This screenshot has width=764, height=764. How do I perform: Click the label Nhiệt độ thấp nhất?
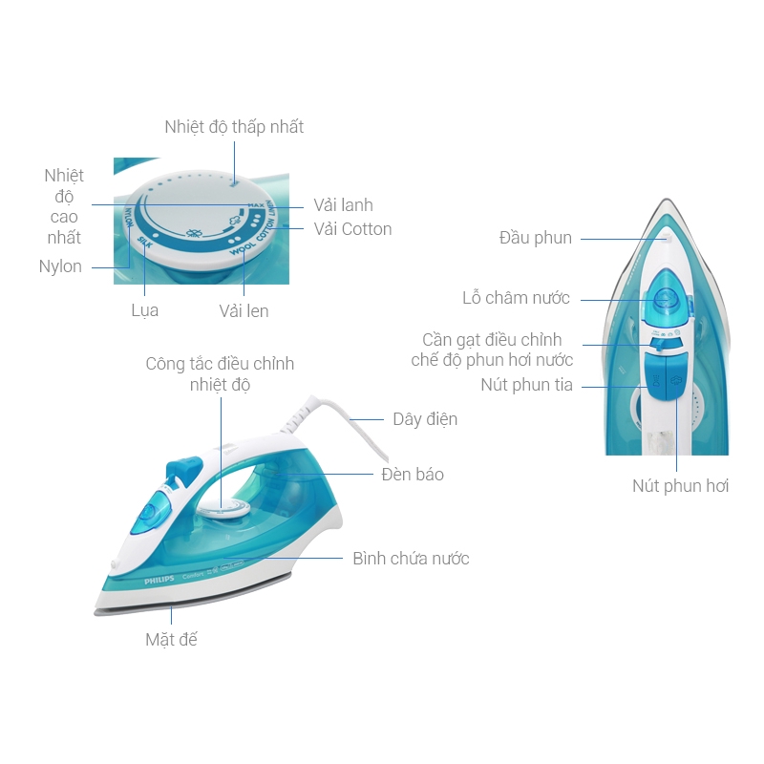[234, 127]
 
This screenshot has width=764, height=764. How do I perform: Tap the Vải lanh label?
[343, 205]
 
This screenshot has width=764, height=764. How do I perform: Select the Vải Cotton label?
[352, 229]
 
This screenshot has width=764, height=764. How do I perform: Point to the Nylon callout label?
[60, 266]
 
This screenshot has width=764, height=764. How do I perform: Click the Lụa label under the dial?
[144, 310]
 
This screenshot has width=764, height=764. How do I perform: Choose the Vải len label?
[244, 310]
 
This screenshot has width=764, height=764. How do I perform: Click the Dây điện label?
[425, 419]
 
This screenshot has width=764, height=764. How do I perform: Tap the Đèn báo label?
[412, 475]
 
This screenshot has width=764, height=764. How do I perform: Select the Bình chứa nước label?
[411, 559]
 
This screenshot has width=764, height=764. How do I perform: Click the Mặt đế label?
[171, 639]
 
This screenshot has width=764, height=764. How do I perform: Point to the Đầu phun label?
[535, 238]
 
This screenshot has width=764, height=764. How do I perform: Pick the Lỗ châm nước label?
[516, 298]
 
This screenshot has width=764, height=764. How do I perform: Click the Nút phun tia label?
[527, 385]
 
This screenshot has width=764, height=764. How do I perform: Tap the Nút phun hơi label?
[680, 486]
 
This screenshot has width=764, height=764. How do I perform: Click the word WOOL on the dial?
[242, 247]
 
